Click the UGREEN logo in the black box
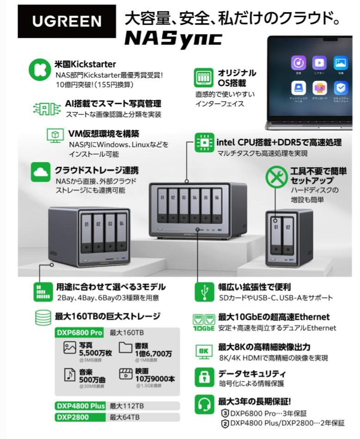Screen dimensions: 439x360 (67, 21)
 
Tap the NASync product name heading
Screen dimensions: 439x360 (173, 38)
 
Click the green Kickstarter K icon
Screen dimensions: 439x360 (39, 70)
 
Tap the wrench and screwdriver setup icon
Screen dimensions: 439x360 (276, 177)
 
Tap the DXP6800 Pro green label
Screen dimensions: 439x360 (79, 333)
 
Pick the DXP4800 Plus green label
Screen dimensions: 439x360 (80, 406)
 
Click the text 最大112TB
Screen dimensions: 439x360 (127, 406)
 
